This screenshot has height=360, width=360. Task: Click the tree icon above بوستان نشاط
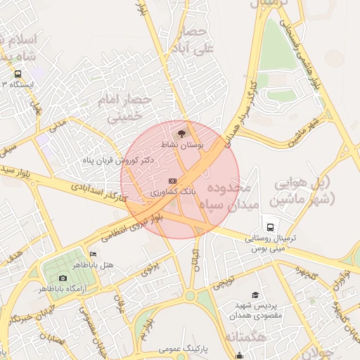181,133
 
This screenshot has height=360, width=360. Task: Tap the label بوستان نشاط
182,145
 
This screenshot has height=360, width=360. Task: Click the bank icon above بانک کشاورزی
173,181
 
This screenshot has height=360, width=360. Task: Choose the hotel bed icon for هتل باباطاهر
93,255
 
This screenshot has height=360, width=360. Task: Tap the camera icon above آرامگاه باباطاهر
63,278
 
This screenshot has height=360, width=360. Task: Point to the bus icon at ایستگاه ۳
18,73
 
